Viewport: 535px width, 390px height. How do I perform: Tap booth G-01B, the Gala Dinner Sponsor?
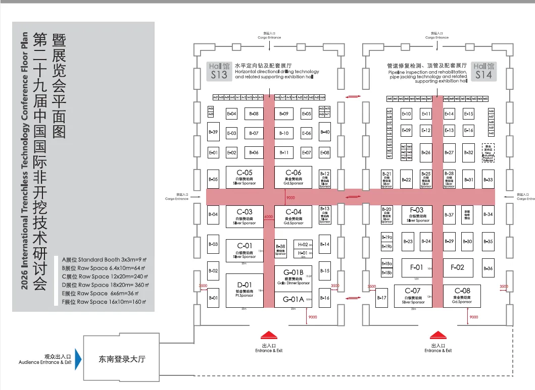click(x=293, y=278)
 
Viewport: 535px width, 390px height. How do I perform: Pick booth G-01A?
click(x=293, y=299)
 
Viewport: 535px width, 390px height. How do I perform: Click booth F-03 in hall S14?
click(x=417, y=214)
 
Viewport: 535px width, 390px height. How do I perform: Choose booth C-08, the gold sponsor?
click(x=462, y=296)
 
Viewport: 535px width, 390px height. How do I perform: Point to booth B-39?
click(x=213, y=132)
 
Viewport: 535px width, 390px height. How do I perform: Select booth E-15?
click(x=469, y=114)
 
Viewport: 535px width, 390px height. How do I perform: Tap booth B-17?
click(x=382, y=298)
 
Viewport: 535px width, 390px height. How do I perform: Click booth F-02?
click(x=457, y=267)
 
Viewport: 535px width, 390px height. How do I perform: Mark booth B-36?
click(x=488, y=268)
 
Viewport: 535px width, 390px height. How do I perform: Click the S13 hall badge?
click(x=219, y=71)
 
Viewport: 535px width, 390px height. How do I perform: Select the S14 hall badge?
click(x=483, y=71)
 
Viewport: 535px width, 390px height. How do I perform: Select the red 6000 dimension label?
click(x=268, y=217)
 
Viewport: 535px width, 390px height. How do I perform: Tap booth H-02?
click(x=303, y=245)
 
